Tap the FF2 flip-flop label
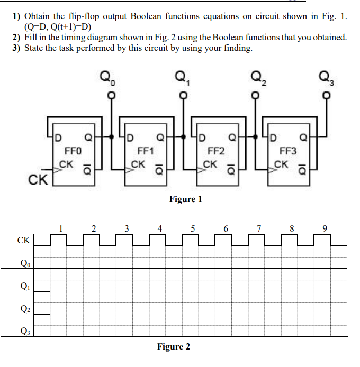(217, 150)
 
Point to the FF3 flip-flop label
(288, 150)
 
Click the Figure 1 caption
(185, 199)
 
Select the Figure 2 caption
(173, 347)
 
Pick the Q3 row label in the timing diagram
(24, 332)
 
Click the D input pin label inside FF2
(202, 140)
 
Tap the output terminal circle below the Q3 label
(327, 96)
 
